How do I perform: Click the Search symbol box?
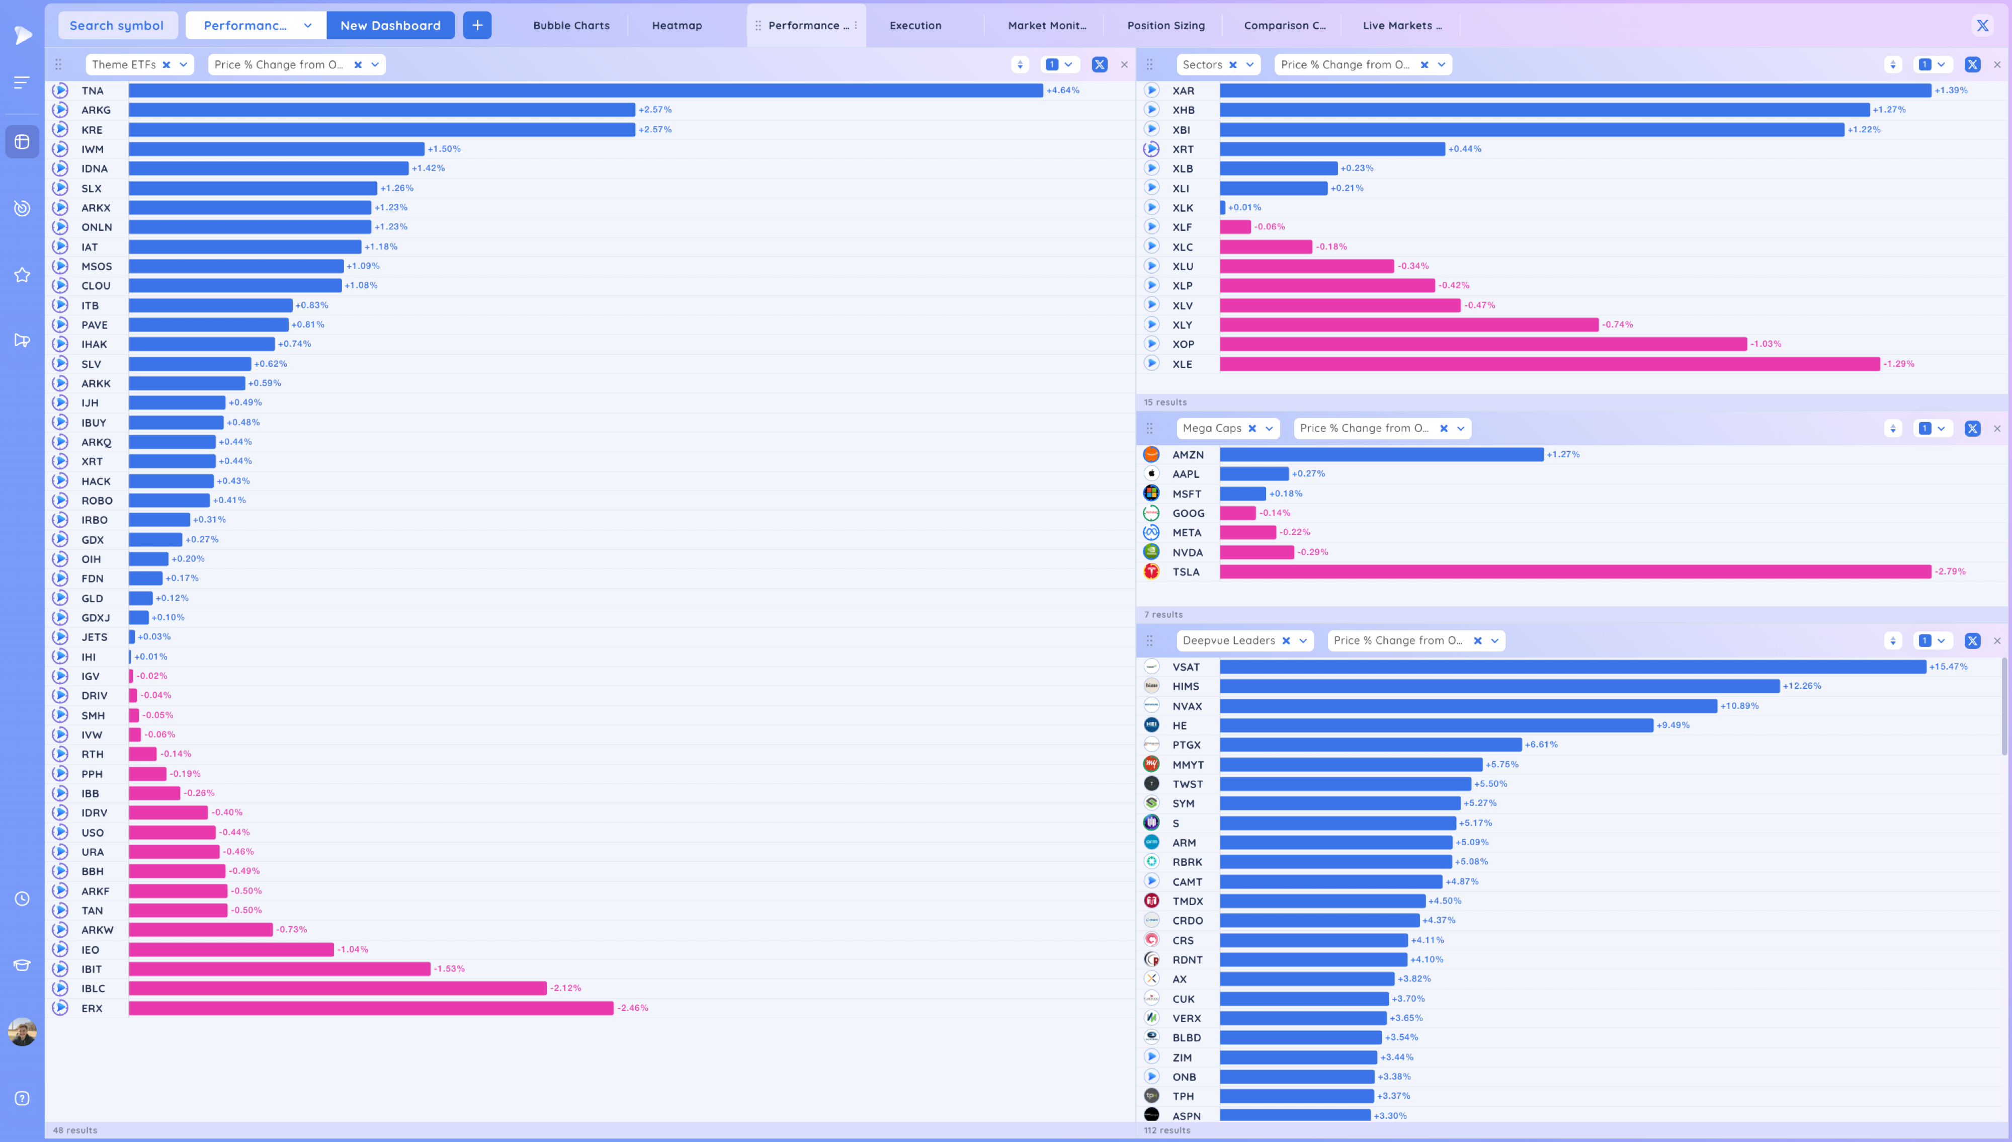click(x=117, y=25)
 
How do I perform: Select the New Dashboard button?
click(x=390, y=25)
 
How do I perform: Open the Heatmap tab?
click(x=677, y=25)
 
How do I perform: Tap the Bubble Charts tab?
click(x=571, y=25)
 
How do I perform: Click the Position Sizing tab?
click(x=1165, y=25)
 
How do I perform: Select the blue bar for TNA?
click(x=585, y=90)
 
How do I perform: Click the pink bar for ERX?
click(x=371, y=1008)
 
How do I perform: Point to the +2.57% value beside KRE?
click(x=655, y=129)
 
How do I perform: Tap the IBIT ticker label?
click(x=92, y=968)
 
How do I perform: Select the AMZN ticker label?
click(x=1187, y=455)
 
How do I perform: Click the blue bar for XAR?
click(x=1574, y=90)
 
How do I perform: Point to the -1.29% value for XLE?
click(x=1898, y=364)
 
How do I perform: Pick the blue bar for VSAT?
click(x=1572, y=667)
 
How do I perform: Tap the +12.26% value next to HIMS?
click(x=1801, y=686)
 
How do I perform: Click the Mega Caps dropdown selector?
click(x=1269, y=428)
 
